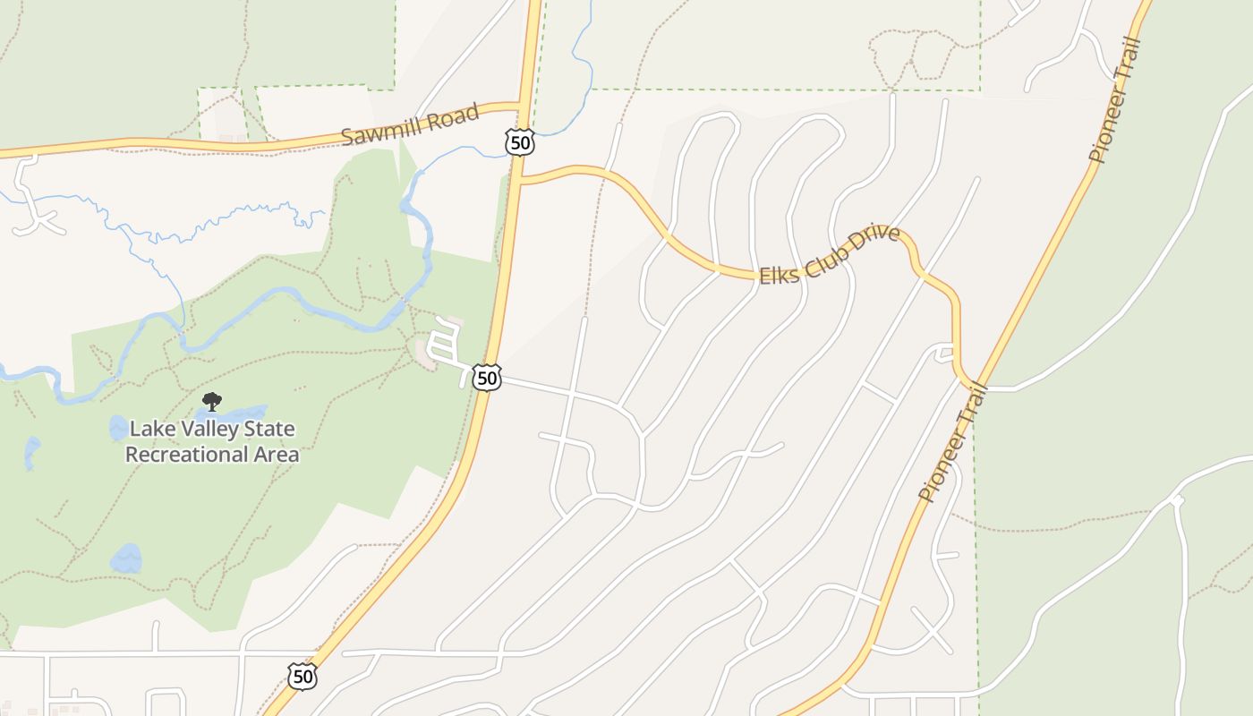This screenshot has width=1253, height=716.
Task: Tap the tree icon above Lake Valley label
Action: click(x=212, y=402)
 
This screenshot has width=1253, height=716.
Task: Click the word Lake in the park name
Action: click(x=150, y=430)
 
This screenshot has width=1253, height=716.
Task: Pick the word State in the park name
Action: click(x=266, y=430)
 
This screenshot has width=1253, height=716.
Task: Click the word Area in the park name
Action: click(x=277, y=455)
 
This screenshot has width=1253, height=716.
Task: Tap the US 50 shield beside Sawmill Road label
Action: click(x=519, y=142)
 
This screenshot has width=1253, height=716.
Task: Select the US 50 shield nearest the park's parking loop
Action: click(x=486, y=378)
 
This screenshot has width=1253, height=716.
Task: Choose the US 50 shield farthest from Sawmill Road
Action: click(x=303, y=677)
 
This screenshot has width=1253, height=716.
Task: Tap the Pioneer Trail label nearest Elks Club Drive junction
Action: click(x=951, y=442)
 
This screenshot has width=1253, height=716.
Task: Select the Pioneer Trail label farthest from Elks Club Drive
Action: click(x=1116, y=100)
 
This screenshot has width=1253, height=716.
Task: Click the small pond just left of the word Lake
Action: click(x=118, y=428)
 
